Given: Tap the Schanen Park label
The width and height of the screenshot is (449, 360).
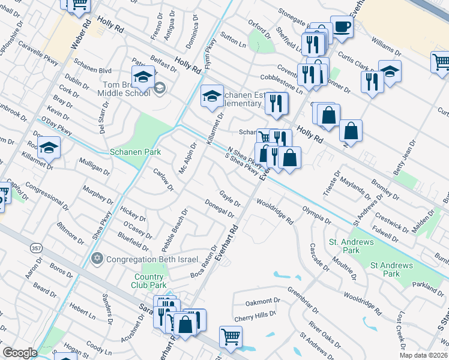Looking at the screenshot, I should (136, 152).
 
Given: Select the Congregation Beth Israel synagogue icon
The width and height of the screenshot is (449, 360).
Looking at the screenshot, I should (97, 259).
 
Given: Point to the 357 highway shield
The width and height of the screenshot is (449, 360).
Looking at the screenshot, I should (35, 247).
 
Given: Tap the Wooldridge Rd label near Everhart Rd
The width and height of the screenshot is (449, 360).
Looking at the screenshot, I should (275, 212).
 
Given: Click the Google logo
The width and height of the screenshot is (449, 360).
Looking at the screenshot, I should (20, 353).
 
